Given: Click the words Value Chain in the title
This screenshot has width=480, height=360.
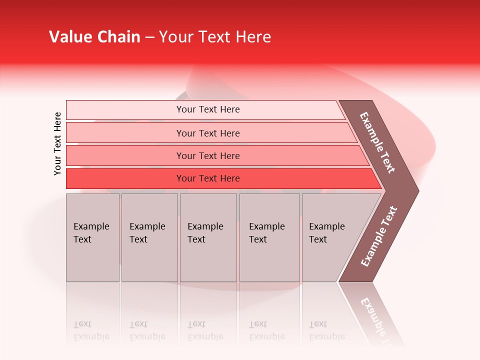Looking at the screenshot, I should [94, 37].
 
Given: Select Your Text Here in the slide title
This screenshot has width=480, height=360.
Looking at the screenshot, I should [215, 37].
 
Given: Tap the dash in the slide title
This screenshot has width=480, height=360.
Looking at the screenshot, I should [149, 37].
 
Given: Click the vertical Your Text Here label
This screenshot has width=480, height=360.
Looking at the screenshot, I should [57, 143].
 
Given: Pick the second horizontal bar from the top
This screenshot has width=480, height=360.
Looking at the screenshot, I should [207, 133].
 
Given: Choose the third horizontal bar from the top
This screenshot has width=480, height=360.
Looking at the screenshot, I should [207, 155].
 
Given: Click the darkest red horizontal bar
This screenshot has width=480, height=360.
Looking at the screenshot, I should [207, 178].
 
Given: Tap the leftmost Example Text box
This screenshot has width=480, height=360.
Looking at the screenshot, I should [92, 237].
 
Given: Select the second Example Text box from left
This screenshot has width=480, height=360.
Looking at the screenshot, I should [149, 237].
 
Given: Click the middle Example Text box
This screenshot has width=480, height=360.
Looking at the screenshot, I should [208, 237].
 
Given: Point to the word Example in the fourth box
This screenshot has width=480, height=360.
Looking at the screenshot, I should [266, 226].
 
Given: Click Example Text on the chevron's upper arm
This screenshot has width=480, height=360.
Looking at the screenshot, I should [377, 142].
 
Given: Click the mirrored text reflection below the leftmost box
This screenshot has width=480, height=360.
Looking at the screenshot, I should [91, 330].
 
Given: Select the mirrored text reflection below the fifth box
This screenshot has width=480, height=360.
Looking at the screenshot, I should [326, 330].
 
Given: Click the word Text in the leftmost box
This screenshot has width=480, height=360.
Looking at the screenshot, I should [82, 239].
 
